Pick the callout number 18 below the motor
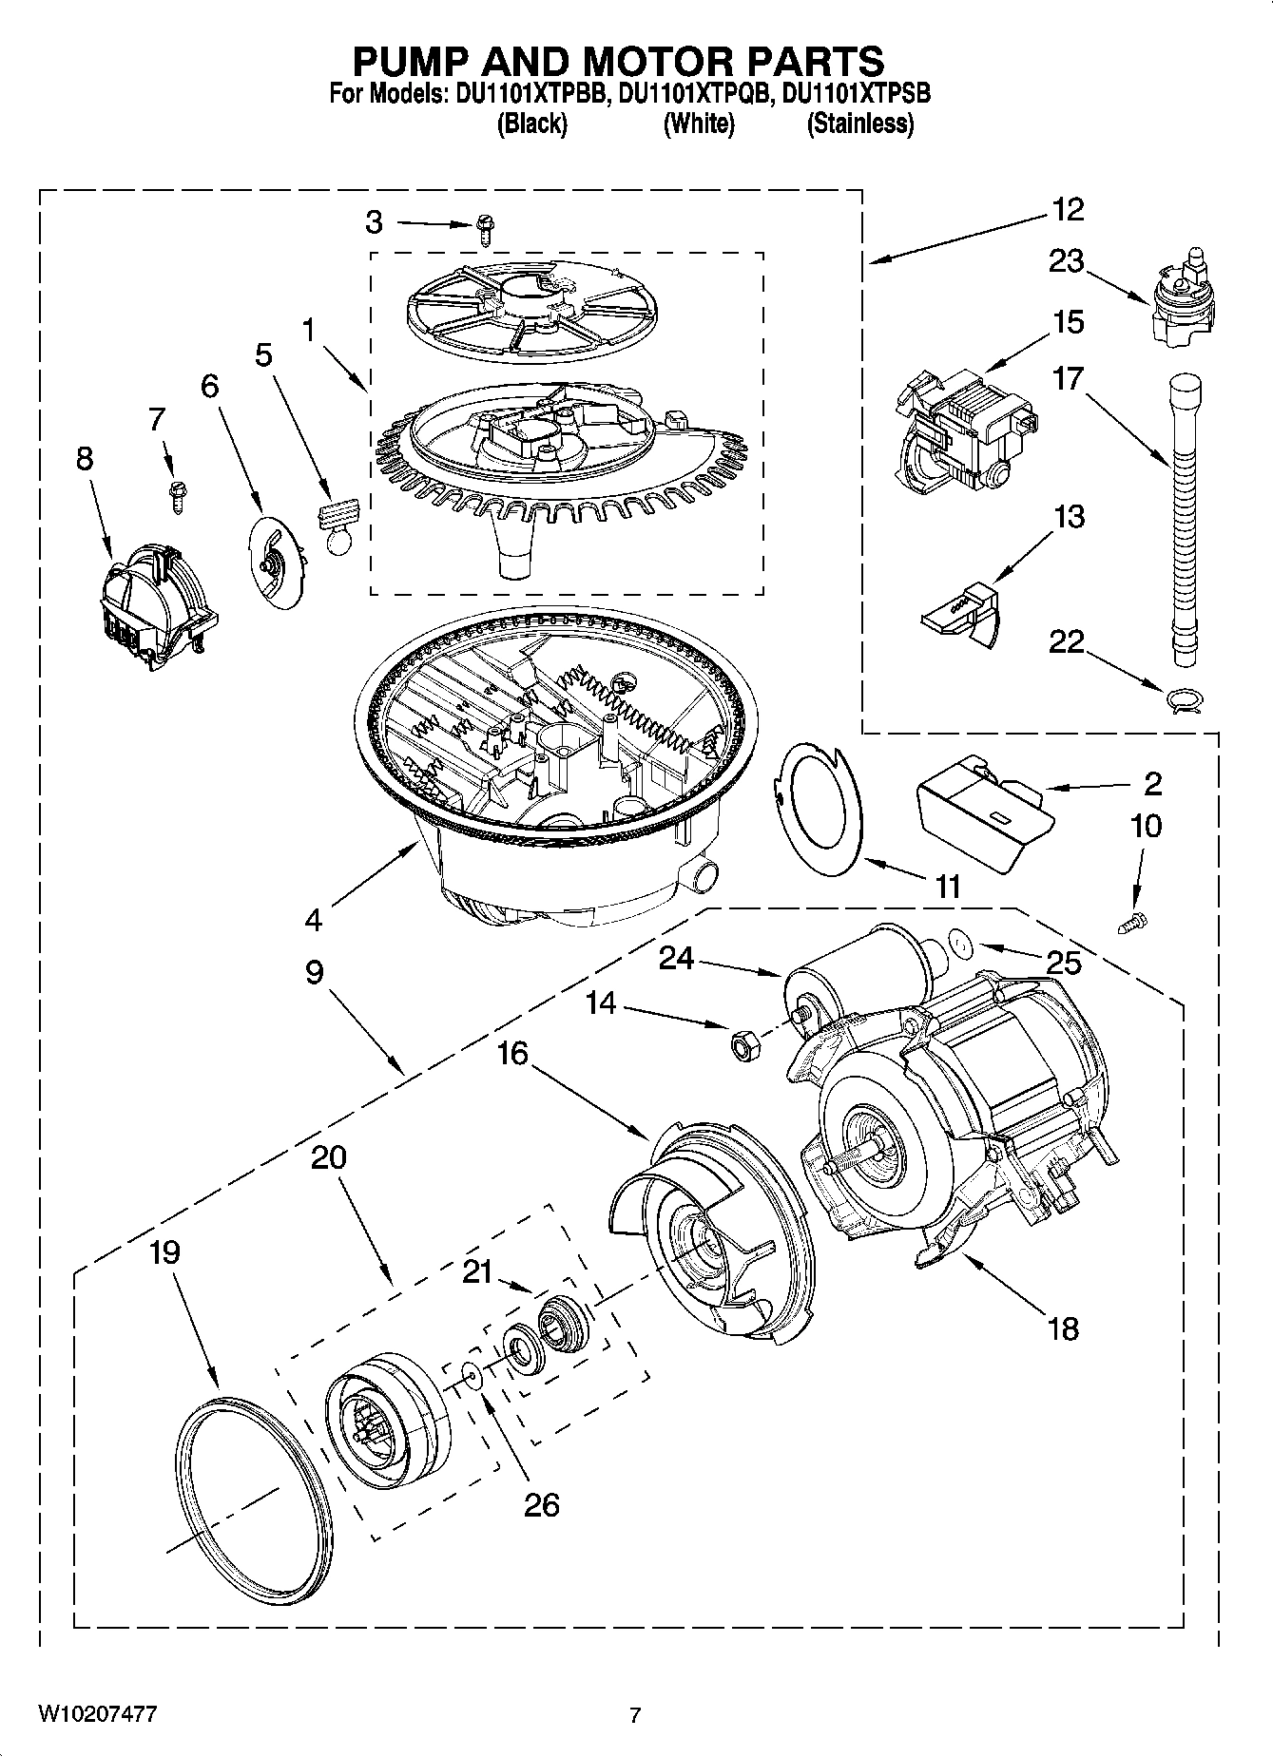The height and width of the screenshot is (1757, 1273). pyautogui.click(x=1063, y=1327)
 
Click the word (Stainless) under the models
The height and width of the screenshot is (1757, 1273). pyautogui.click(x=859, y=124)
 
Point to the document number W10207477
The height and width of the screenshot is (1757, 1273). pyautogui.click(x=97, y=1713)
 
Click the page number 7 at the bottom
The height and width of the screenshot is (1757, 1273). pyautogui.click(x=636, y=1715)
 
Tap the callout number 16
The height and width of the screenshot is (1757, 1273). pyautogui.click(x=511, y=1053)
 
